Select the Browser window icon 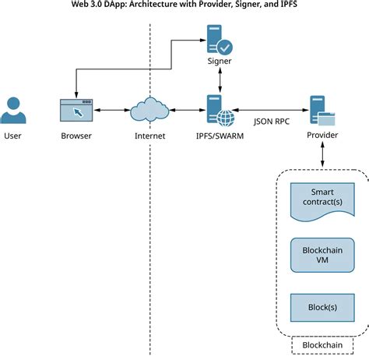coord(76,111)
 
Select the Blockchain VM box coord(322,254)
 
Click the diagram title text coord(184,5)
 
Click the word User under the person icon coord(13,136)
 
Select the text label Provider coord(322,136)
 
